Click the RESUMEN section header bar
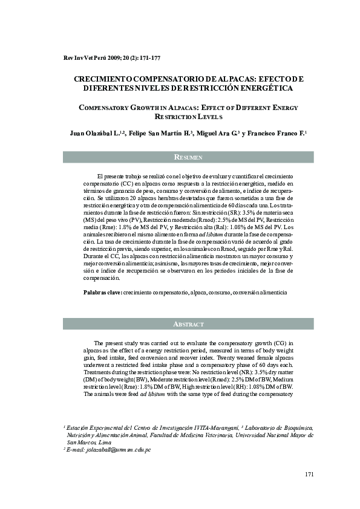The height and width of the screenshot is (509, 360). (x=188, y=157)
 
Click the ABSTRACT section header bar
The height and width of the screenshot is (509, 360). (x=188, y=324)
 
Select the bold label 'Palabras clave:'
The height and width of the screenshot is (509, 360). (x=102, y=292)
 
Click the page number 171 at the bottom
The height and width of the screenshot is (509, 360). (x=309, y=475)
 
